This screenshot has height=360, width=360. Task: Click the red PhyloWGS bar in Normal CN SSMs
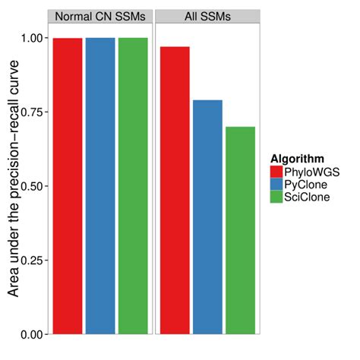[67, 186]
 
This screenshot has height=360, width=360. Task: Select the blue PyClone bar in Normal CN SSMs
[100, 186]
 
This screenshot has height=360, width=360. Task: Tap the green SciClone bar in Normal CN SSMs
[134, 186]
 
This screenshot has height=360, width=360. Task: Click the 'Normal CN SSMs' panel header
[100, 17]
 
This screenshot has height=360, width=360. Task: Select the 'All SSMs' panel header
[207, 17]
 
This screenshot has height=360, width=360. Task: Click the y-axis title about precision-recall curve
[13, 186]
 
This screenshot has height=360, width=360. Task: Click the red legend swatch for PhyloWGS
[276, 172]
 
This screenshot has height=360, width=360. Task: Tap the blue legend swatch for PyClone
[276, 185]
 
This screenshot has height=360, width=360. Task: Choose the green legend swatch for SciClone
[276, 197]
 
